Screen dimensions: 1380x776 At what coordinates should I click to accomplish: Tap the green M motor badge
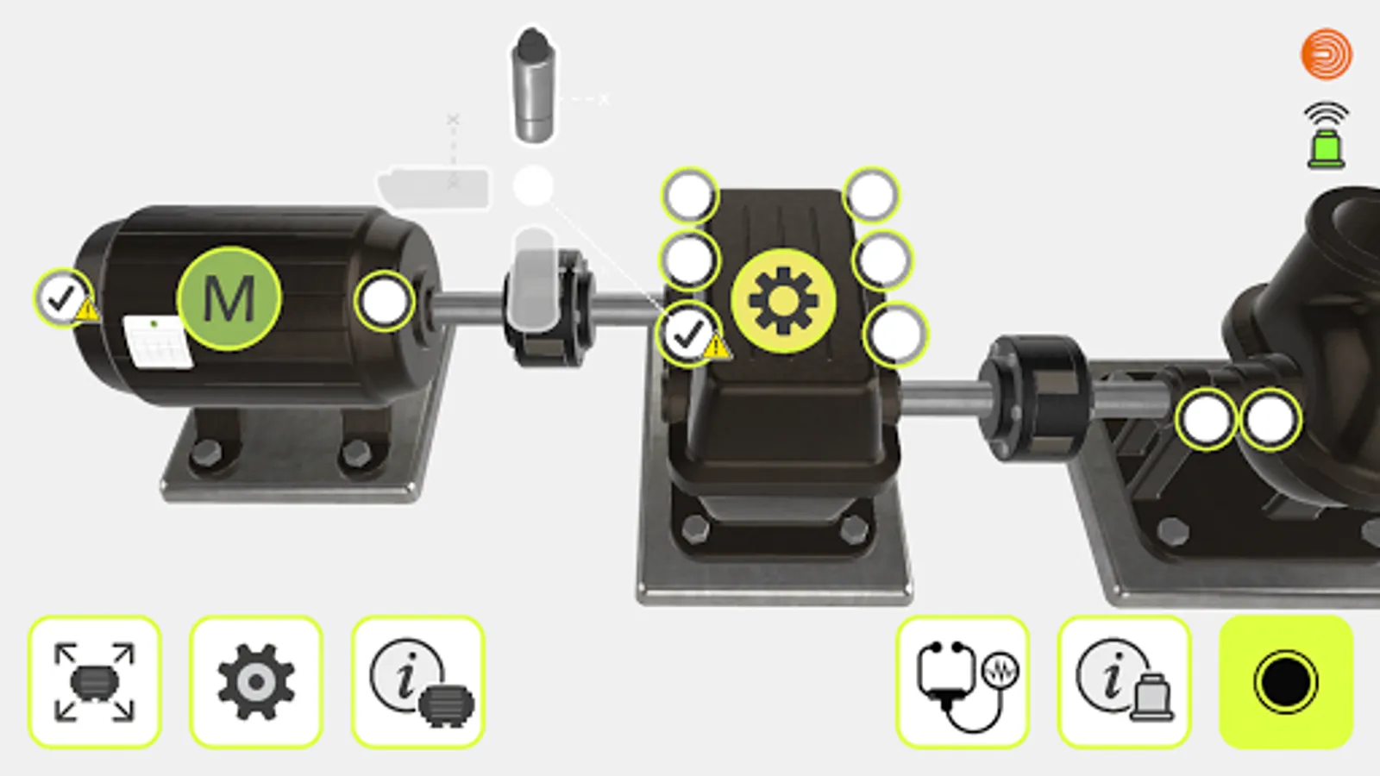coord(229,299)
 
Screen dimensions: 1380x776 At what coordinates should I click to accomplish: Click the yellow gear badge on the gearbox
coord(783,301)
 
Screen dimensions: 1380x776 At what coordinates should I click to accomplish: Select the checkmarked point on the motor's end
coord(61,298)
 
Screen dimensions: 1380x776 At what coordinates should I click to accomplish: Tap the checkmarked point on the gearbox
coord(688,335)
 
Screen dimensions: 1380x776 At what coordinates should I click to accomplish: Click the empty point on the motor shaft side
coord(385,302)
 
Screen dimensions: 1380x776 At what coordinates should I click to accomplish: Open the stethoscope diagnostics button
coord(963,682)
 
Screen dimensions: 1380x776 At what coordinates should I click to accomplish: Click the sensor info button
coord(1124,682)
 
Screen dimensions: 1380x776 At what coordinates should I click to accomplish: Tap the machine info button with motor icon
coord(417,682)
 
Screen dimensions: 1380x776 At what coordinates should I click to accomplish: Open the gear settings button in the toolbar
coord(255,682)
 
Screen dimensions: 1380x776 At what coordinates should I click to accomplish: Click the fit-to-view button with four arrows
coord(94,682)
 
